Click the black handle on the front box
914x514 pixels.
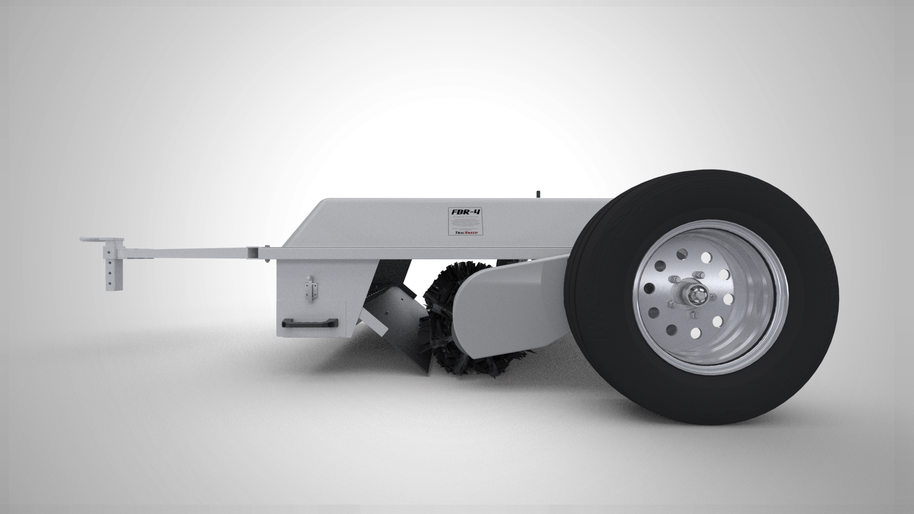click(x=310, y=322)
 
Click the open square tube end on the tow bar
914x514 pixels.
click(x=252, y=252)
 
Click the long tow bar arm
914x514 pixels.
click(x=190, y=252)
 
